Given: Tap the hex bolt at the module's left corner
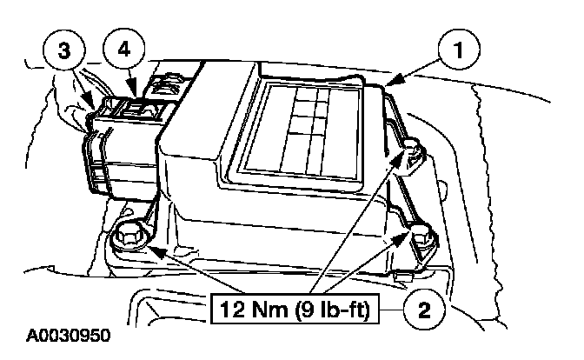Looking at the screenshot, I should coord(129,235).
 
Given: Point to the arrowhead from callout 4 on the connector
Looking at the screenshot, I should coord(130,90).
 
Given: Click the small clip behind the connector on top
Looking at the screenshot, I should coord(163,85).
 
